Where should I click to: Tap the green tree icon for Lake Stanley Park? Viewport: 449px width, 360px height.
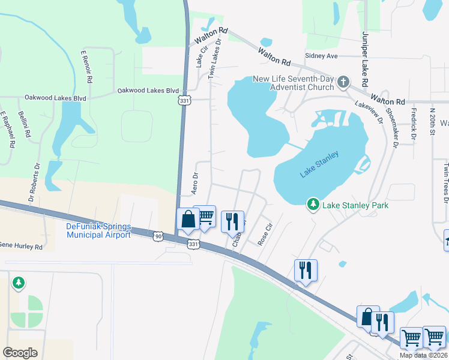point(313,205)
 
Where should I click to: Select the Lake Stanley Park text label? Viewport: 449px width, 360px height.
point(355,206)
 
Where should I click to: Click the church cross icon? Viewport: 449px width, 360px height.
point(343,82)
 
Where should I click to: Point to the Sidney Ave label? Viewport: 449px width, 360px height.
point(322,56)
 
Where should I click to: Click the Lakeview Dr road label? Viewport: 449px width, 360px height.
point(369,112)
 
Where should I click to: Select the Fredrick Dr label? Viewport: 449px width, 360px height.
point(414,123)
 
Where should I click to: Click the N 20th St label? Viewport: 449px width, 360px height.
point(432,122)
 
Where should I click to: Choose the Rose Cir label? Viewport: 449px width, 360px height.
point(265,234)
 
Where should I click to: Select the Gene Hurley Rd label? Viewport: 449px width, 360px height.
point(21,247)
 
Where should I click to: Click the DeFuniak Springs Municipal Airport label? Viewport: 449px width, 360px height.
point(98,230)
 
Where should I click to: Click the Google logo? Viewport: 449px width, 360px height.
point(20,353)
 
